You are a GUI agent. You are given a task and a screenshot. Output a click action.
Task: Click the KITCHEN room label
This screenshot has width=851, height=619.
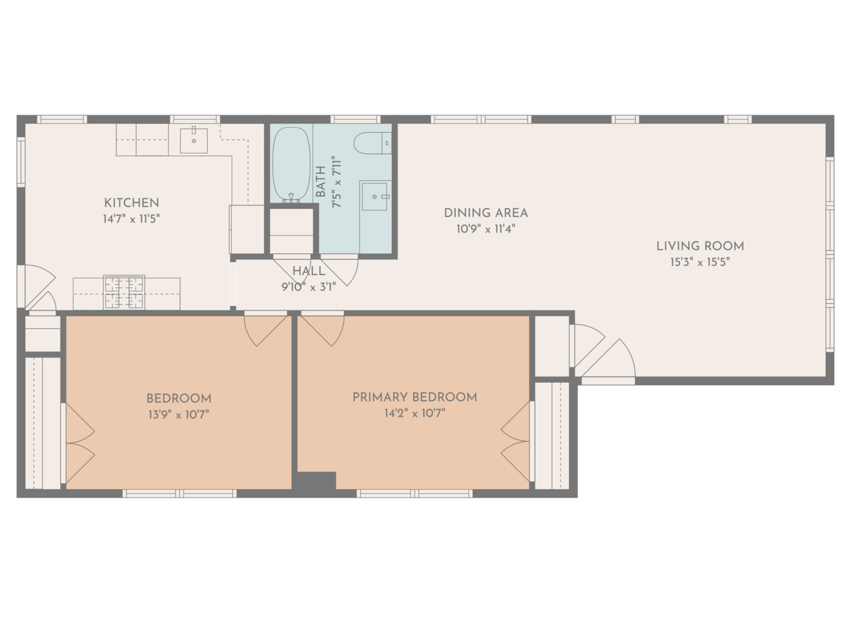coord(131,203)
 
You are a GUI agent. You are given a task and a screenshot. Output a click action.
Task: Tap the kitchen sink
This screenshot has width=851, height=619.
coord(194,140)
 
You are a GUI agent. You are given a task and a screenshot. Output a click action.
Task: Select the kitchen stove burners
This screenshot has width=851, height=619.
coord(124,292)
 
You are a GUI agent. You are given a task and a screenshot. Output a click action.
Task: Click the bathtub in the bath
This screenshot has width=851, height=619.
coord(291,164)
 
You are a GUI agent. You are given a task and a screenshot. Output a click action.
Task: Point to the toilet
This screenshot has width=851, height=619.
coord(372,143)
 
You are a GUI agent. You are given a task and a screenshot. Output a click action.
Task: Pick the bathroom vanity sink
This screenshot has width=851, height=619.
coord(375,197)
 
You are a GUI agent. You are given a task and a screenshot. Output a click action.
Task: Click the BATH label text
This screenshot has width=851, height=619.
coord(321,182)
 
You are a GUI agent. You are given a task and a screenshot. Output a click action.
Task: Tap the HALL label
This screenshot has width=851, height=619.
coord(308,271)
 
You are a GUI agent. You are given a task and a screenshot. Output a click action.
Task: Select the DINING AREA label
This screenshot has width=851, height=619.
coord(486,213)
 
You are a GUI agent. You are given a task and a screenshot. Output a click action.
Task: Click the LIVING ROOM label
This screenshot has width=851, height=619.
coord(700,246)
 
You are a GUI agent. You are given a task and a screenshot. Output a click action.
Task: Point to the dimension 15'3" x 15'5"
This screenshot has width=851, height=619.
coord(700,262)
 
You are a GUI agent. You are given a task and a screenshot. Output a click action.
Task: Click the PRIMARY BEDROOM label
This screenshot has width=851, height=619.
coord(415,397)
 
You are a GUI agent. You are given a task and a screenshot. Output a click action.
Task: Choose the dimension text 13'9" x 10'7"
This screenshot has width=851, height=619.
coord(179,414)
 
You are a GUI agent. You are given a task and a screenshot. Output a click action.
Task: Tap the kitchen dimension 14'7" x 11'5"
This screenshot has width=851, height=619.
coord(131,220)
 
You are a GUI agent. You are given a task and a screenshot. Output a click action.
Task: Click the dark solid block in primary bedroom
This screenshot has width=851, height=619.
coord(316,480)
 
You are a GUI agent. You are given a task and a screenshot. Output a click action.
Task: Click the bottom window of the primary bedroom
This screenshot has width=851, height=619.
coord(414,493)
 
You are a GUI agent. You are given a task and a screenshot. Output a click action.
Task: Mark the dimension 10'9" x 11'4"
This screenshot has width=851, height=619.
coord(486,229)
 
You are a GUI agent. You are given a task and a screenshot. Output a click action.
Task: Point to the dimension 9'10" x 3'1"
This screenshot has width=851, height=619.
coord(308,287)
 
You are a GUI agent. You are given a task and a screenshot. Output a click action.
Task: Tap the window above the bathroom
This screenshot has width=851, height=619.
coord(355,119)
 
